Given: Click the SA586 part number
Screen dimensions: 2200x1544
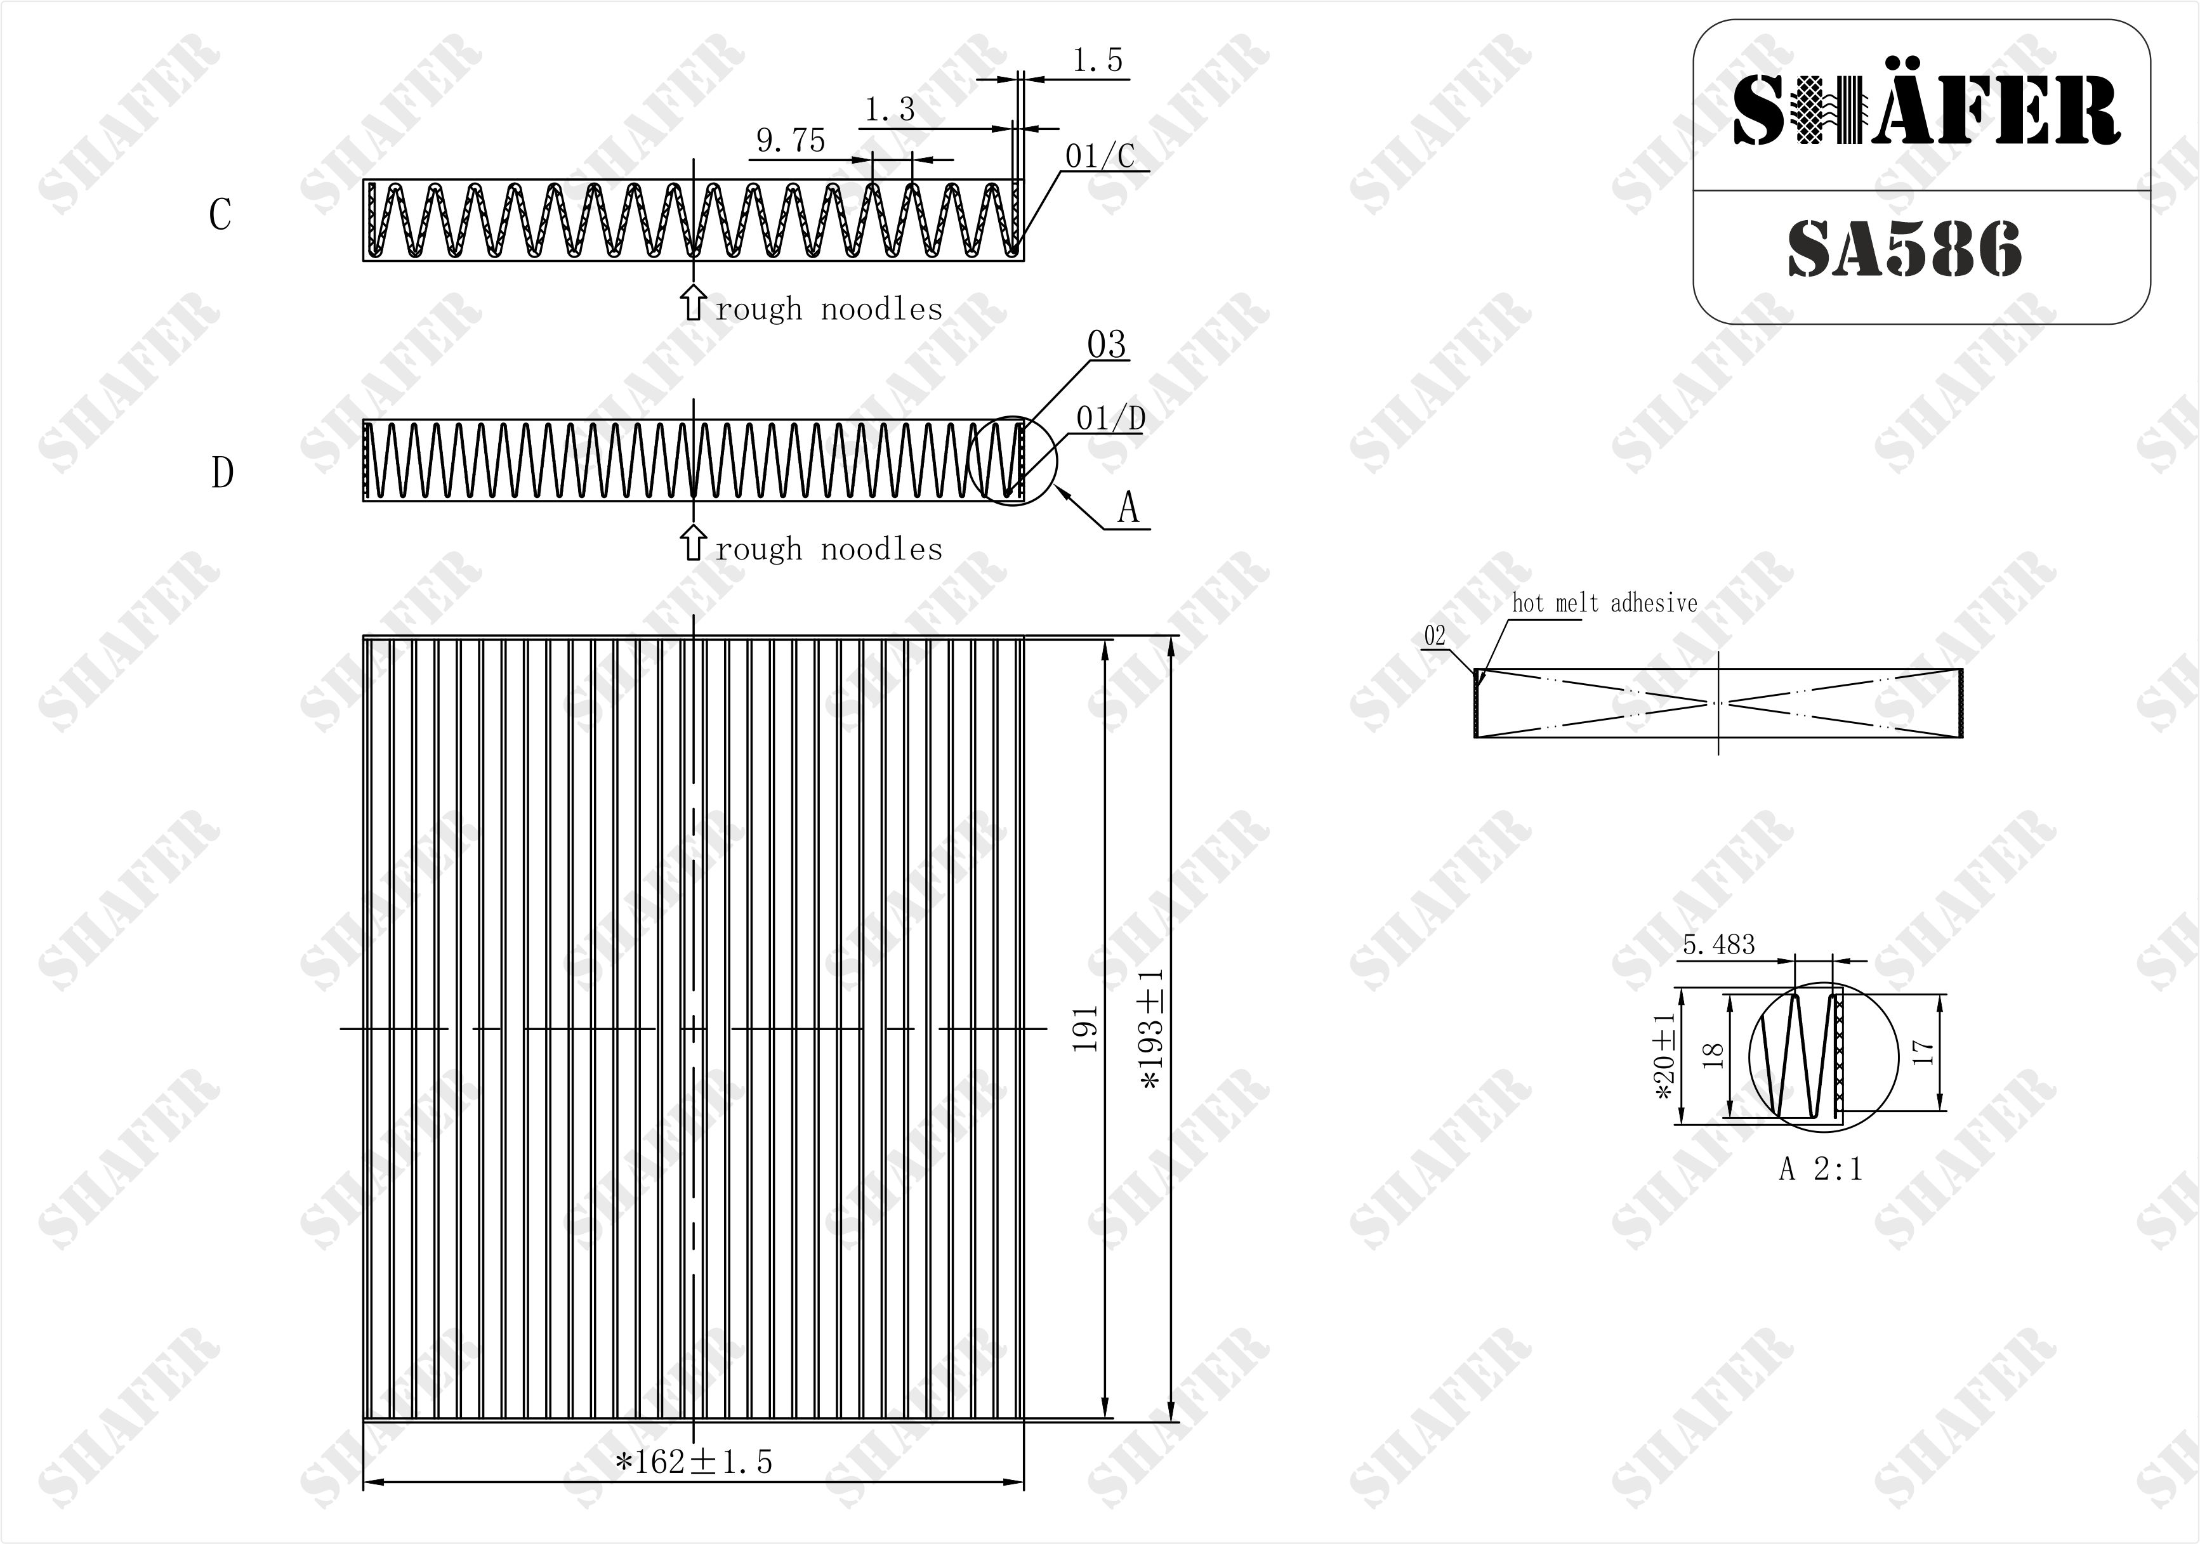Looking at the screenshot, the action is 1905,249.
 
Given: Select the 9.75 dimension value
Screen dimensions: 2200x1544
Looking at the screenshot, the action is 791,141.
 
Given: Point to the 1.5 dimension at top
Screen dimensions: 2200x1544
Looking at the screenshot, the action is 1097,60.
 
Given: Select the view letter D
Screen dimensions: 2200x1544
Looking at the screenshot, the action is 222,472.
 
